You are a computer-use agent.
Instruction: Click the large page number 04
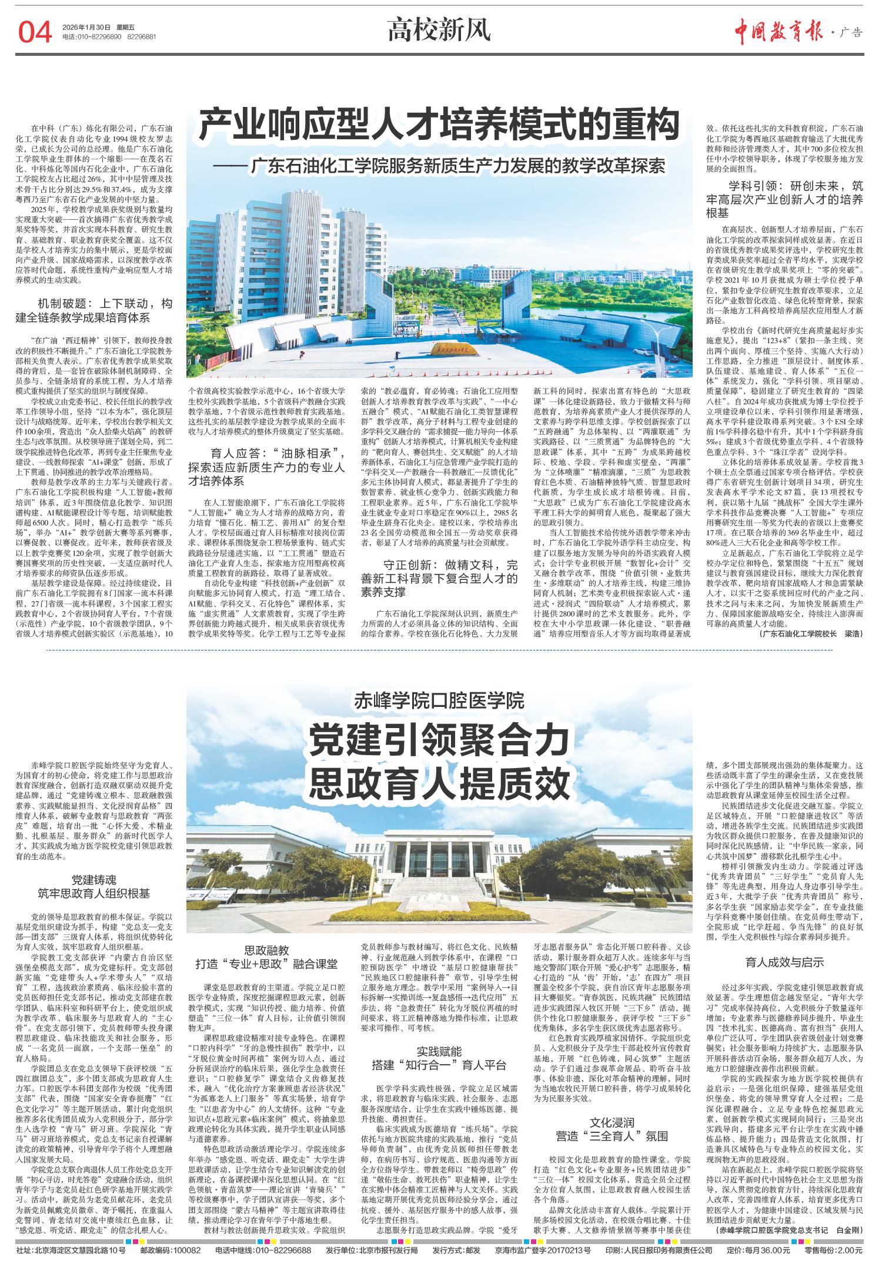(36, 32)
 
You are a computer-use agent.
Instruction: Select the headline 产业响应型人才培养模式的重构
(439, 125)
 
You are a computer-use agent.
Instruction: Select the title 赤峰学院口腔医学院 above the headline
(439, 701)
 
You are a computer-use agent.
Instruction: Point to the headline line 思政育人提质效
(439, 780)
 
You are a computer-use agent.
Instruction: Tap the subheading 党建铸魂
(95, 880)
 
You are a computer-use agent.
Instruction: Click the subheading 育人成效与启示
(784, 963)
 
